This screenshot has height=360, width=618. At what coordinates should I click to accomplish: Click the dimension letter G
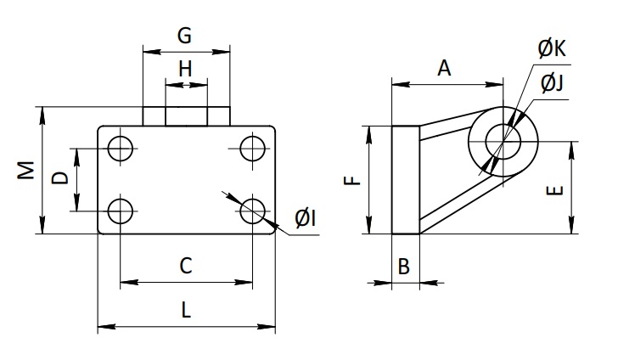184,36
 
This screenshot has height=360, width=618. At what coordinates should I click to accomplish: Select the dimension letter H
185,69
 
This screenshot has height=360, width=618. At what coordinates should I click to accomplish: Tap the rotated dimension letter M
26,170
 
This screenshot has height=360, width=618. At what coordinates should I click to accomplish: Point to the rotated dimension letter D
60,177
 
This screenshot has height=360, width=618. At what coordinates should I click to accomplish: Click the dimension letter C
186,266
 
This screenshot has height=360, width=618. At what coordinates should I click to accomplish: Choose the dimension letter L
186,310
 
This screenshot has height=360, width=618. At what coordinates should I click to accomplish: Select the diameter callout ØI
305,218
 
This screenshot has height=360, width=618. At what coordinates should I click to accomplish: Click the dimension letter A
444,68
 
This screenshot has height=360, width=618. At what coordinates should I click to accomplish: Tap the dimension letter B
404,267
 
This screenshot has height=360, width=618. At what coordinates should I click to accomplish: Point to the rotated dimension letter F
352,181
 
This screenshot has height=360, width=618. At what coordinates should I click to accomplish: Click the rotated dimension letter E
555,191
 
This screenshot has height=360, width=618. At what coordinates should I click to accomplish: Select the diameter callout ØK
552,49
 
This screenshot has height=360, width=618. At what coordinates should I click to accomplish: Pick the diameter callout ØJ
552,83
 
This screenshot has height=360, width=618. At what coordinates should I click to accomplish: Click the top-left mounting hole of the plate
121,149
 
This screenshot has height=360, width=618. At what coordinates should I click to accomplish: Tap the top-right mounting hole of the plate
252,149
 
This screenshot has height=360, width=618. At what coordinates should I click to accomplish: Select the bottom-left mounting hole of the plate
121,211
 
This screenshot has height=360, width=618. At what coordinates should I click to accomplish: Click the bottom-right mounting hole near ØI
252,211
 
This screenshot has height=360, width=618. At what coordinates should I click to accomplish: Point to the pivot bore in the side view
503,141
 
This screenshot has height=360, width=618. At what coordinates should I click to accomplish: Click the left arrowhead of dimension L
107,327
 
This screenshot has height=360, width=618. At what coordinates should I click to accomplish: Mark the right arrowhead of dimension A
494,84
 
